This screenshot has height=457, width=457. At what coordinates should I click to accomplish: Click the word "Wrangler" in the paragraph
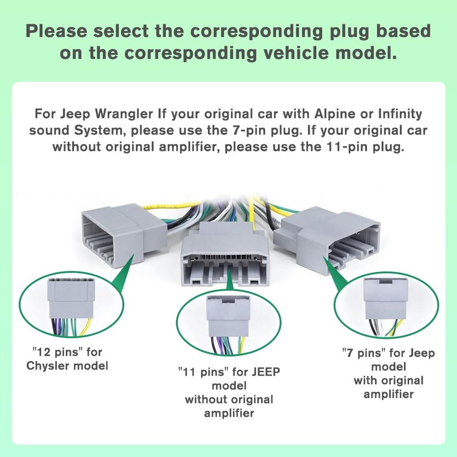tap(124, 114)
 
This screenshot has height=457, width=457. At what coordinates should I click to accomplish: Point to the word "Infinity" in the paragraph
tap(400, 114)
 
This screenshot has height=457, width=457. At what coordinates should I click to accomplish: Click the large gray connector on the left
tap(123, 235)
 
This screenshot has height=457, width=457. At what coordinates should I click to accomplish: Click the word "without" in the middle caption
tap(207, 399)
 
